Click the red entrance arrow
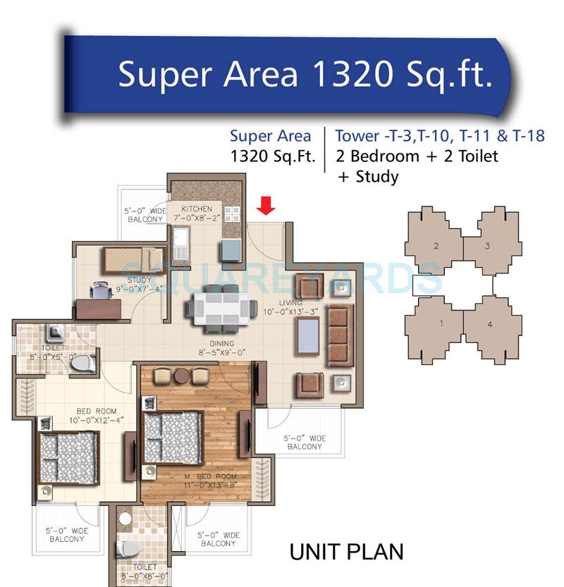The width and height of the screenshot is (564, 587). (266, 205)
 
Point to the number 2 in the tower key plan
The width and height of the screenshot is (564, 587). (436, 246)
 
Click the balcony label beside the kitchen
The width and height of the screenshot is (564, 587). (145, 214)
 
